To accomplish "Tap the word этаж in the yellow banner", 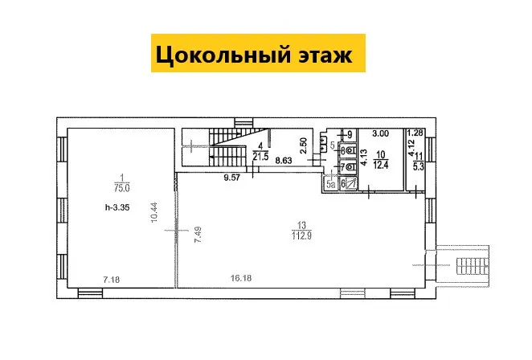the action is point(325,55).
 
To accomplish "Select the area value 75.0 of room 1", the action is point(122,188).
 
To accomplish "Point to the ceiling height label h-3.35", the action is point(117,207).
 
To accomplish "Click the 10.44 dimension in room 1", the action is point(155,212).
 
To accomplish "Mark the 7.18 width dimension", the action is point(112,280).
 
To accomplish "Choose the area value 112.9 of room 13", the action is point(301,235).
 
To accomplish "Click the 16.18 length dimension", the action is point(241,278).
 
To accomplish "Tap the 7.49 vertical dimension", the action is point(198,235).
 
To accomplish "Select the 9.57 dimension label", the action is point(232,178).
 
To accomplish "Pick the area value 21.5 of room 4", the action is point(260,156).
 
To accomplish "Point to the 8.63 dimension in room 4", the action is point(284,161).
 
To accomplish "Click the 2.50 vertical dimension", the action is point(304,145).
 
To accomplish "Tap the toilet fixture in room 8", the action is point(351,150).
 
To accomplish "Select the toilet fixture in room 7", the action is point(351,167).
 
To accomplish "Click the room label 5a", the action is point(331,184).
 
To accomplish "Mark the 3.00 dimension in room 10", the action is point(381,133).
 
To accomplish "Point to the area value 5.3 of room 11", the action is point(419,166).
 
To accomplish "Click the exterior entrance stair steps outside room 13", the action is point(472,266).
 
